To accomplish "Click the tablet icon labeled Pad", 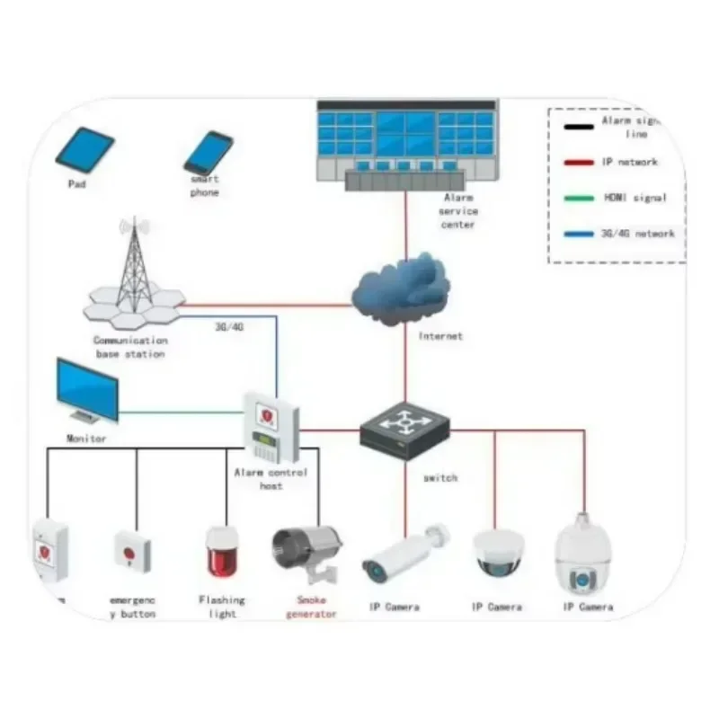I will click(x=84, y=150).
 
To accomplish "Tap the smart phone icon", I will click(x=209, y=153).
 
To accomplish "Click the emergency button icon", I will click(x=132, y=550).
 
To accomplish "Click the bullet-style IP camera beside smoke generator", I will click(x=402, y=553).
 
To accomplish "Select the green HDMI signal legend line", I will click(x=573, y=199).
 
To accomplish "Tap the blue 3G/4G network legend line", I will click(x=573, y=234).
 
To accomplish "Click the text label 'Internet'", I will click(x=440, y=336).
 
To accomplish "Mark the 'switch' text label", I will click(x=439, y=478).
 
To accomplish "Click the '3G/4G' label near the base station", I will click(x=229, y=327).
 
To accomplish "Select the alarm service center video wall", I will click(x=406, y=133).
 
